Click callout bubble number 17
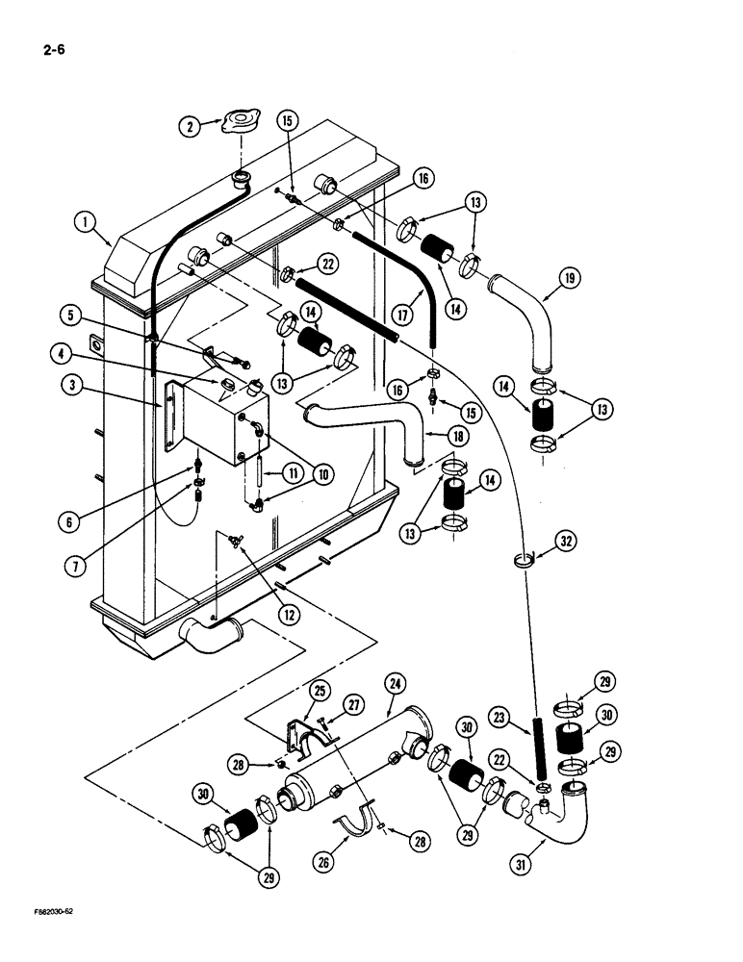point(402,313)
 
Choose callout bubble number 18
point(458,435)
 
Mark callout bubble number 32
point(567,543)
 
